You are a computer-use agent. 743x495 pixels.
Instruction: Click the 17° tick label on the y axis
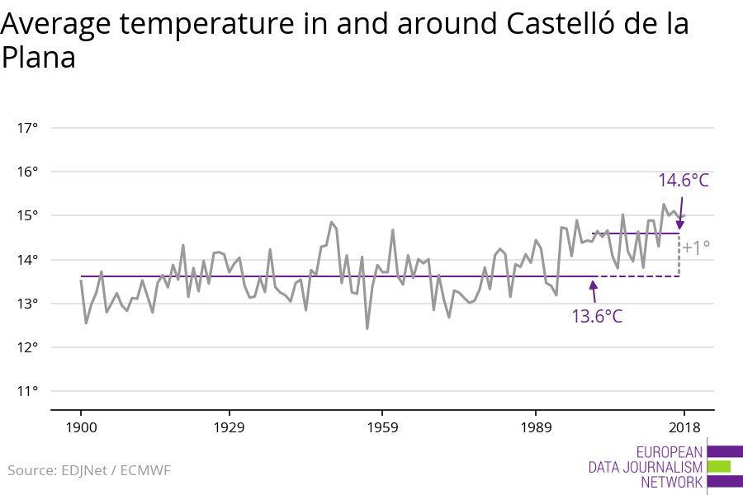pos(27,128)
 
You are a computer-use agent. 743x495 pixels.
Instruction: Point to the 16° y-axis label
pos(27,172)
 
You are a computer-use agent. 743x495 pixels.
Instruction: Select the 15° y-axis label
pos(27,215)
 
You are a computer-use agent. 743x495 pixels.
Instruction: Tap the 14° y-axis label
pos(27,260)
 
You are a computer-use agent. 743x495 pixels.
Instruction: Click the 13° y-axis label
pos(27,304)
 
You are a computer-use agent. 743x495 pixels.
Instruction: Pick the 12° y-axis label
pos(27,347)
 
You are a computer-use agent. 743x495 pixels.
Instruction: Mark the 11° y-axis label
pos(27,391)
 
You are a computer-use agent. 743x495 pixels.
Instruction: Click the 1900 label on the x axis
pos(81,427)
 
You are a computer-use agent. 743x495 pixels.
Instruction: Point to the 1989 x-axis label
pos(536,427)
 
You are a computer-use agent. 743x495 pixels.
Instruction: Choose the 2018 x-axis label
pos(684,427)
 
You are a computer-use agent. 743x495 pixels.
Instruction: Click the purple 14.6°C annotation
pos(684,181)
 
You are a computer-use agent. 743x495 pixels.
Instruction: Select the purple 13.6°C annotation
pos(597,316)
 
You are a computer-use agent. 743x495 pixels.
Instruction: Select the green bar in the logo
pos(719,466)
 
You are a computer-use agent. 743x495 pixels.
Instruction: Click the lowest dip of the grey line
pos(367,328)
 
